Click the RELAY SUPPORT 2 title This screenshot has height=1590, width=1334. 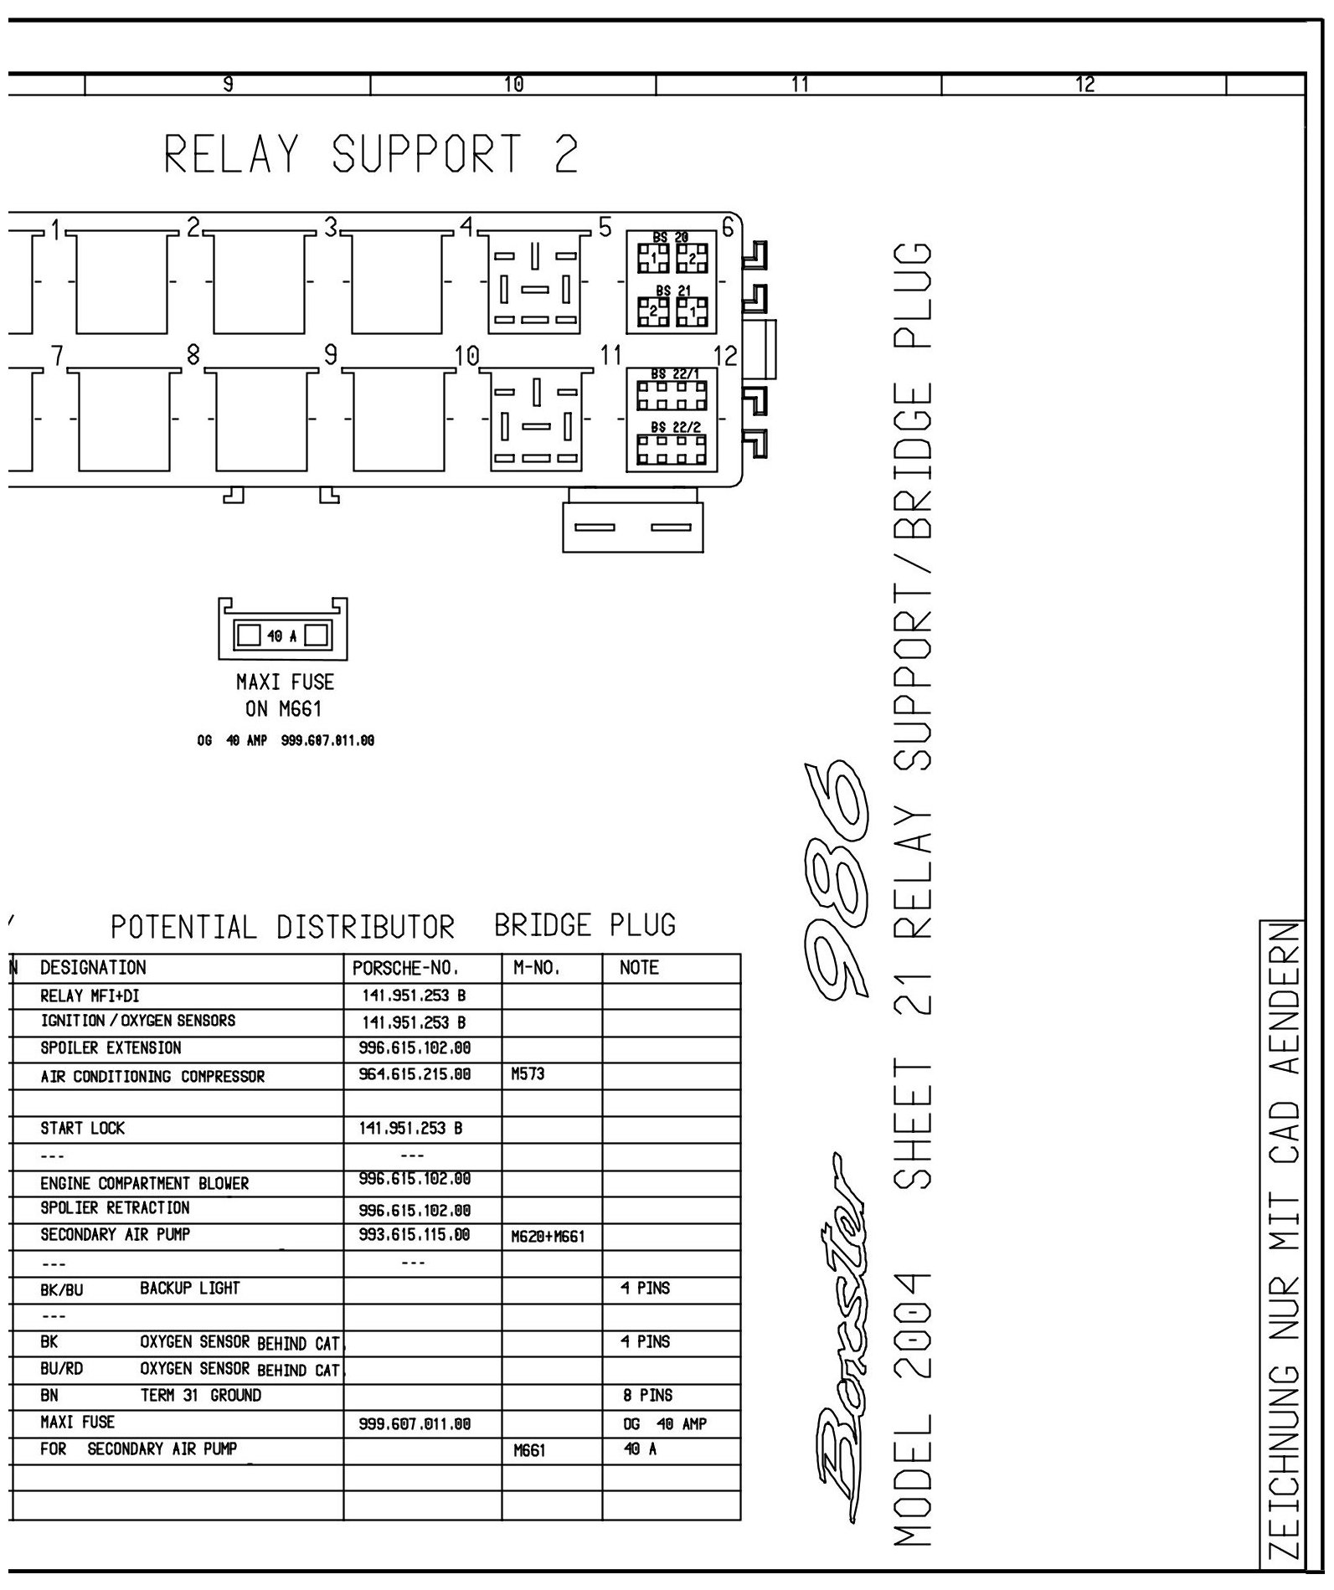371,155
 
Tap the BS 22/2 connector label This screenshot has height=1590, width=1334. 676,426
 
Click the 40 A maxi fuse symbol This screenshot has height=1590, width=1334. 282,635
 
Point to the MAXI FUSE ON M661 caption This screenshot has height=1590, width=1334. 284,695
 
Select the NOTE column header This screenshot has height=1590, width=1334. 639,968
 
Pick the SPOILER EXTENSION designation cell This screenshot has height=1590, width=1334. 111,1048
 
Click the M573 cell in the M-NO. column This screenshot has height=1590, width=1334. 528,1074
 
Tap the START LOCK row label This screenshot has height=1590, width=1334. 82,1129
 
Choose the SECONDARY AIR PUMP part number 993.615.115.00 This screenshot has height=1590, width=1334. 414,1235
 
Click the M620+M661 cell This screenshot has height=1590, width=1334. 547,1237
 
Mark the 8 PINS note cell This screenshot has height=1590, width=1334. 646,1396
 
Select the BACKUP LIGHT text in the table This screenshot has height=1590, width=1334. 189,1289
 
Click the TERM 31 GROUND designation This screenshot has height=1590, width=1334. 200,1396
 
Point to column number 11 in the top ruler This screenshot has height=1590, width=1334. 799,84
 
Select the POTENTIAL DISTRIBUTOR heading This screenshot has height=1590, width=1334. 282,928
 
